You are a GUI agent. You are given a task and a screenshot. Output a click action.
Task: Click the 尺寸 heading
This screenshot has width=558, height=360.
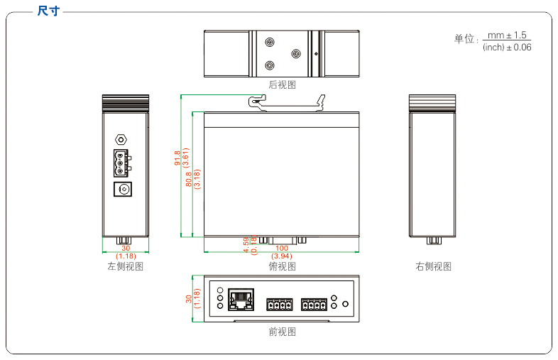(x=48, y=11)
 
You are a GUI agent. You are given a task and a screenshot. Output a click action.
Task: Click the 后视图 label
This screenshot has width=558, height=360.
(x=282, y=84)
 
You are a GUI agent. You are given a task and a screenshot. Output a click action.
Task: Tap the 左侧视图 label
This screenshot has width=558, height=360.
(x=125, y=266)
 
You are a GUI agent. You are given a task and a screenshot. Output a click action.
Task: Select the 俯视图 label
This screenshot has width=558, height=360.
(x=282, y=266)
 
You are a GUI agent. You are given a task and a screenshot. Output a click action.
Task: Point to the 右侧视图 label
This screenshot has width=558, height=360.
(x=433, y=266)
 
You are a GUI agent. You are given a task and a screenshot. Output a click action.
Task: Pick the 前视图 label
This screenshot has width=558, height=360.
(x=282, y=332)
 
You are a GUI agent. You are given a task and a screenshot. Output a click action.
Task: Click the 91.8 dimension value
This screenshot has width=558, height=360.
(x=177, y=158)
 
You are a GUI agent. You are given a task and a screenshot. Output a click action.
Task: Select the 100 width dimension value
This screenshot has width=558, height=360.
(x=282, y=249)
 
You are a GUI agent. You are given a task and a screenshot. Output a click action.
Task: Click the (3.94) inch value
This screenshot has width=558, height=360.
(x=282, y=256)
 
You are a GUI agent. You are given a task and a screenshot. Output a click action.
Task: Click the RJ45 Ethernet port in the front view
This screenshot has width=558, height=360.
(x=242, y=299)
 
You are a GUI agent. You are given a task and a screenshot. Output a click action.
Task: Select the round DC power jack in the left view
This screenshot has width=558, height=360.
(x=125, y=190)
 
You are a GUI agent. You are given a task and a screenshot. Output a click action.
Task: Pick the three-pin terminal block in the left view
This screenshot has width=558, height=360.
(x=120, y=163)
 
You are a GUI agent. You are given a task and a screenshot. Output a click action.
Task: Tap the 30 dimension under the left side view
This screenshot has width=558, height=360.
(x=126, y=249)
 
